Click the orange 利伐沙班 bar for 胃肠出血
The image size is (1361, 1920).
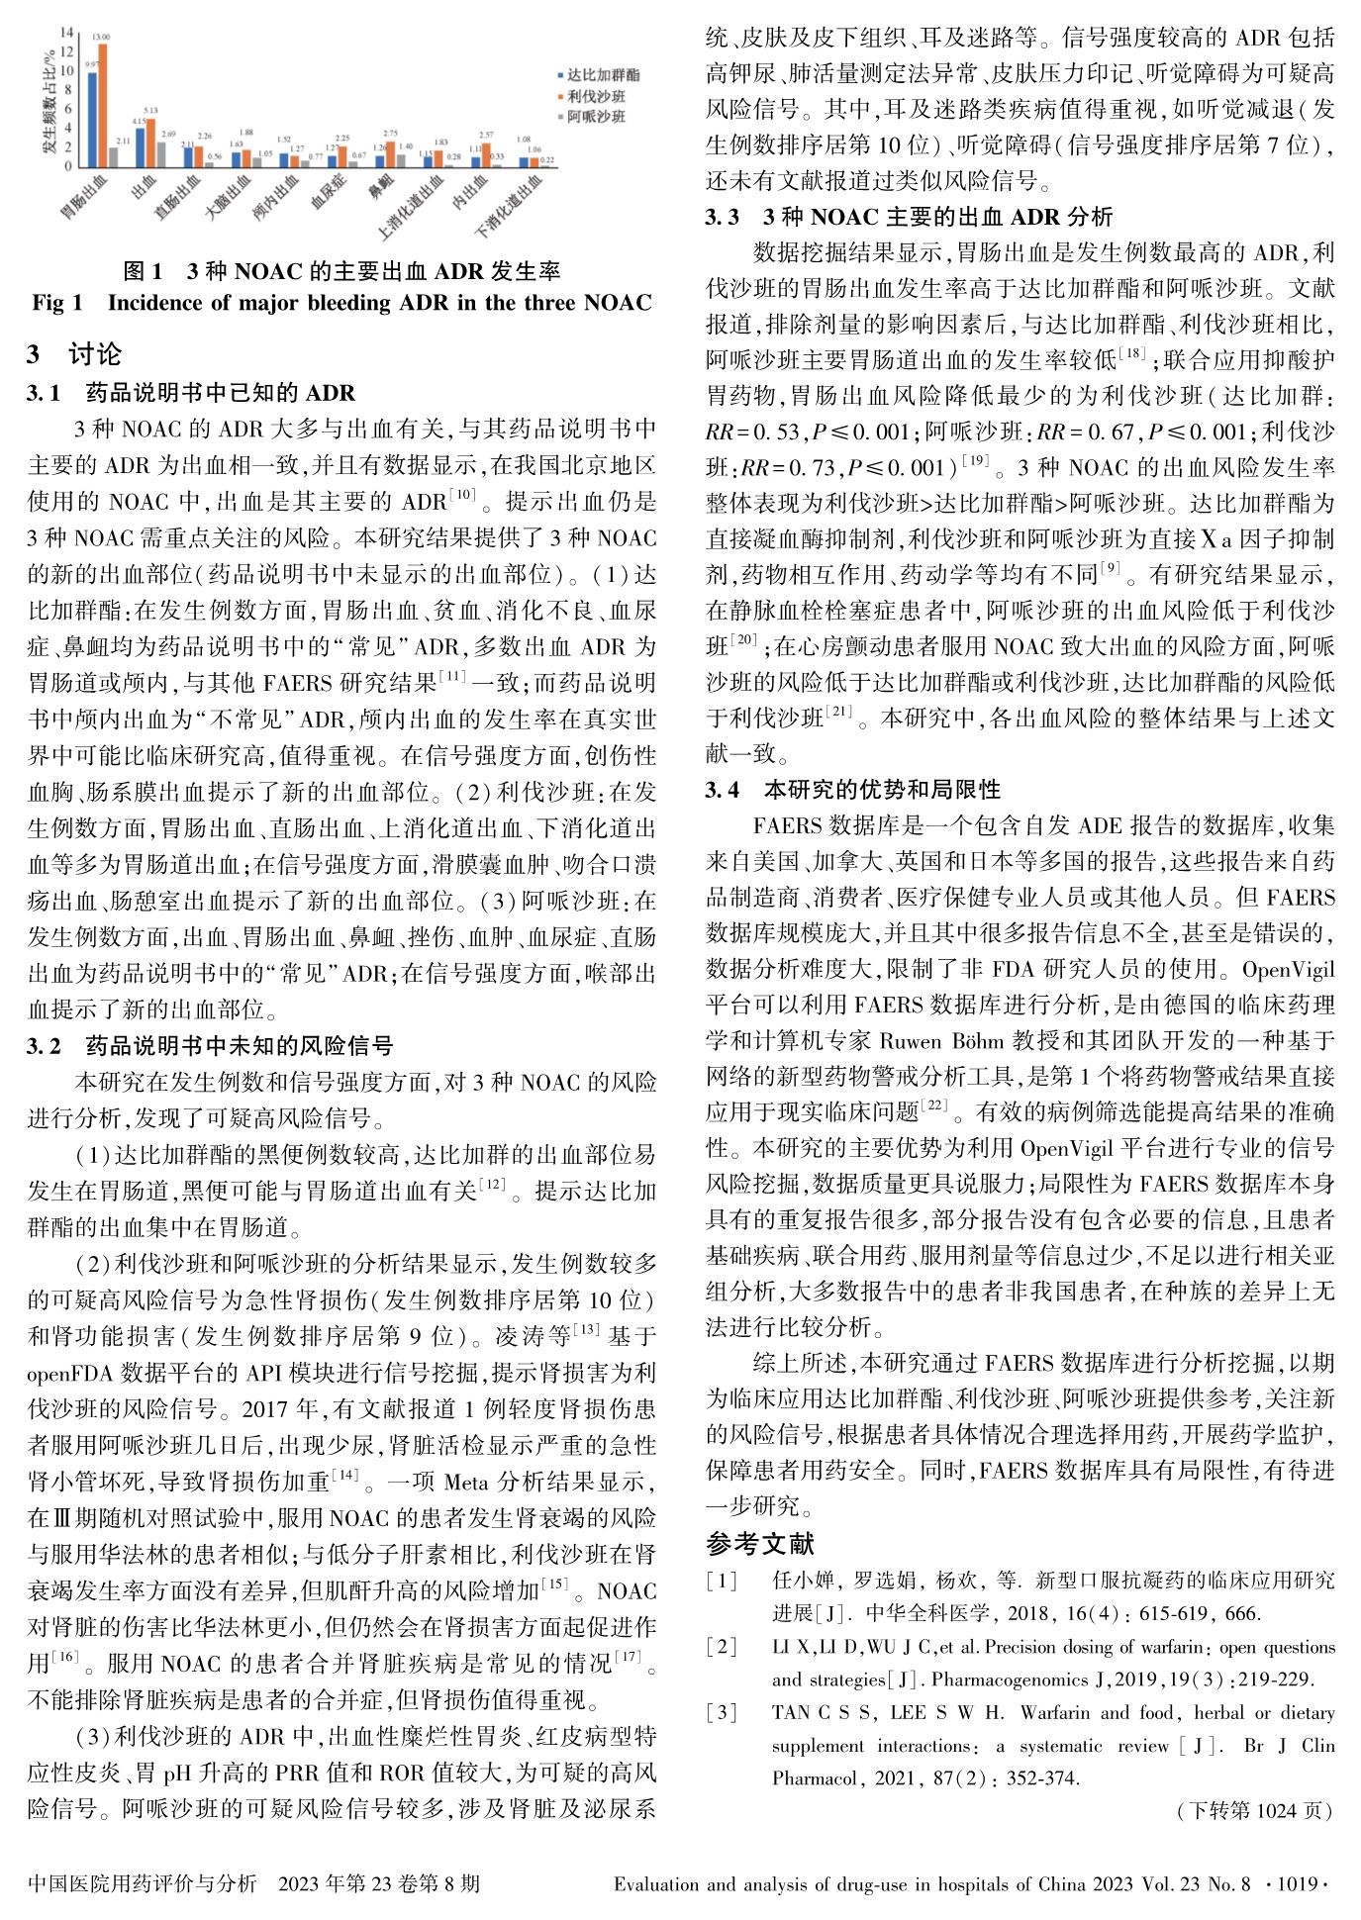pos(103,105)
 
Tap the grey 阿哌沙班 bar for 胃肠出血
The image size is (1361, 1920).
pos(114,156)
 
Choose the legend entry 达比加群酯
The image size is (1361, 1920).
pos(602,75)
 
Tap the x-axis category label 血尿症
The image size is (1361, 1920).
pos(329,189)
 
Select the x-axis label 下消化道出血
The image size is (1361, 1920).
pos(510,208)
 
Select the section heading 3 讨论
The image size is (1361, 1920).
pos(74,353)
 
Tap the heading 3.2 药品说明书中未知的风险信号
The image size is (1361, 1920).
pos(210,1046)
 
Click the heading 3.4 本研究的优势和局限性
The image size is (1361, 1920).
pos(852,789)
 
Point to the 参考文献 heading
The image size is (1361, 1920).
pos(760,1543)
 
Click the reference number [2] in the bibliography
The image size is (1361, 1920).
pos(723,1647)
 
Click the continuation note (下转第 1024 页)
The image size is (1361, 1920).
pos(1254,1810)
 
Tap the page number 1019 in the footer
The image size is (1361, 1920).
pos(1297,1884)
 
